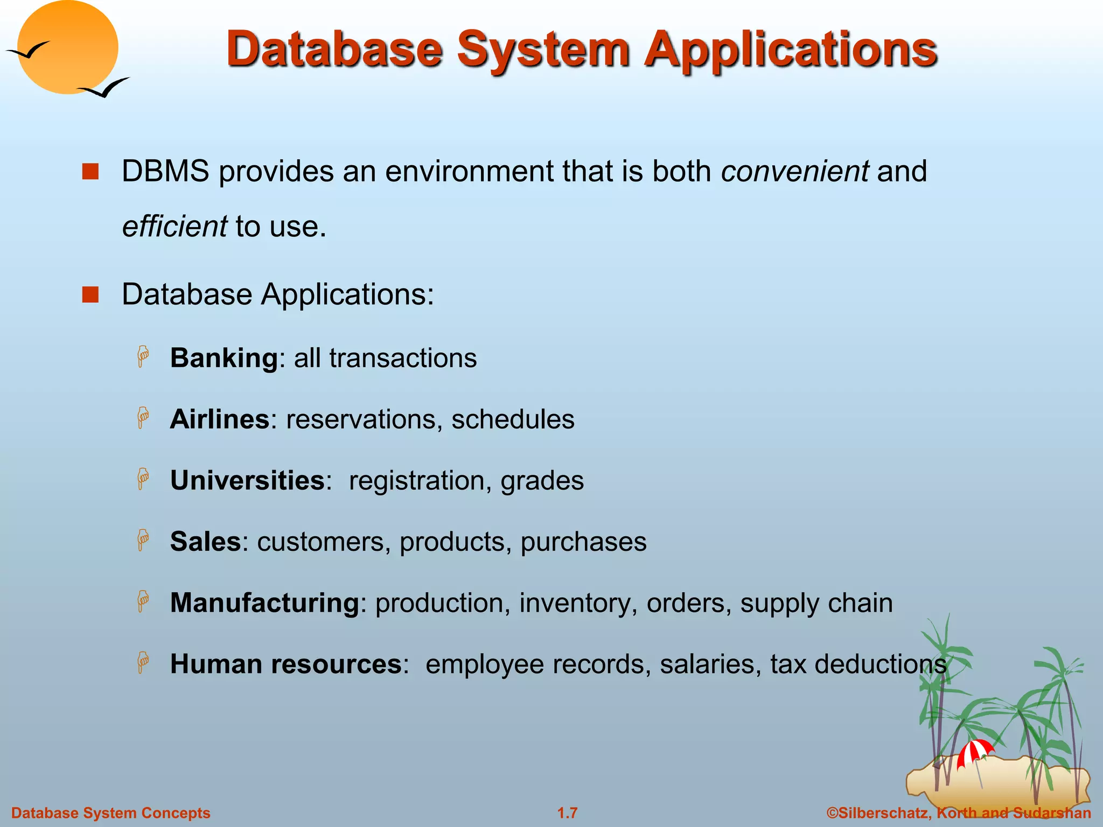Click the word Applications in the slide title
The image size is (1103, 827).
[792, 50]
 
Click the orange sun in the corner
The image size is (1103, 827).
[67, 47]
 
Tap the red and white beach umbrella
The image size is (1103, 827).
[975, 752]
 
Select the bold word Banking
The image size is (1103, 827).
[224, 358]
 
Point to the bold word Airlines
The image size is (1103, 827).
[219, 419]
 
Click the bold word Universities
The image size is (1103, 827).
[247, 480]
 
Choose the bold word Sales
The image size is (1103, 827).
[205, 542]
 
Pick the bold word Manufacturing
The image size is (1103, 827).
[264, 603]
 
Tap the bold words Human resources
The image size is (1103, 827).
[285, 664]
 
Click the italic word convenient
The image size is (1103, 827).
[794, 171]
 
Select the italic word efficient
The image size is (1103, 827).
[174, 226]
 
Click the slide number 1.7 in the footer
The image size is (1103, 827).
[567, 813]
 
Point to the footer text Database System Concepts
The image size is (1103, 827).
[111, 813]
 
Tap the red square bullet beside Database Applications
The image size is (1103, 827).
[90, 295]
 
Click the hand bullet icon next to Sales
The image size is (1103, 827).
[143, 540]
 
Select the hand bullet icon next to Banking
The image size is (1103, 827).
[143, 356]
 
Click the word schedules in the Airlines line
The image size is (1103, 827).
[513, 419]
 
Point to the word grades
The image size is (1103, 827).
[542, 481]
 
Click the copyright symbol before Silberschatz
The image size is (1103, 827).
[832, 813]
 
